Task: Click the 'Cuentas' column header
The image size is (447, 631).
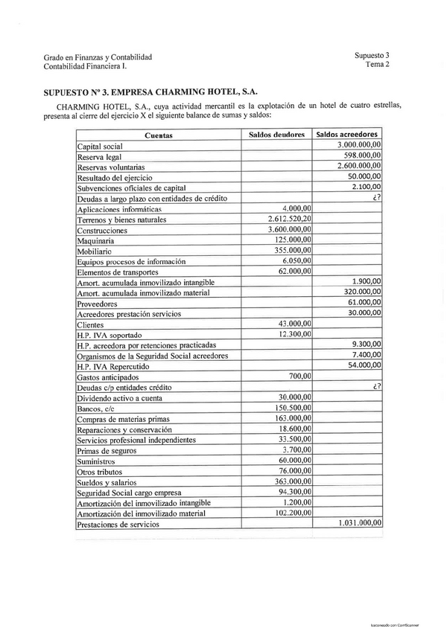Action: pyautogui.click(x=158, y=135)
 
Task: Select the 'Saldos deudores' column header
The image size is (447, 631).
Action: pyautogui.click(x=276, y=135)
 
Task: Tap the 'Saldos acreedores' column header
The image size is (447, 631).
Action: pyautogui.click(x=349, y=135)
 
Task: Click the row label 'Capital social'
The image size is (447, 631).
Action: pyautogui.click(x=100, y=147)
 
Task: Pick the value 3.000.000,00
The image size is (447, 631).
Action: pyautogui.click(x=359, y=145)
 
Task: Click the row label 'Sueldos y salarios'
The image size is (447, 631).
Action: pyautogui.click(x=107, y=481)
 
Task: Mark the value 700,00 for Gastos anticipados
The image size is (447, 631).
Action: pyautogui.click(x=299, y=377)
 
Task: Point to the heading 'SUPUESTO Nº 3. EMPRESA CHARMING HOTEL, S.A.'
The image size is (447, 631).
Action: pyautogui.click(x=151, y=92)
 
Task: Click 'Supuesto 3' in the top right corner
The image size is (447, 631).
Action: pyautogui.click(x=372, y=55)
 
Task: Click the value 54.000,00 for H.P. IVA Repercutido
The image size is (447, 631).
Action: pyautogui.click(x=365, y=366)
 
